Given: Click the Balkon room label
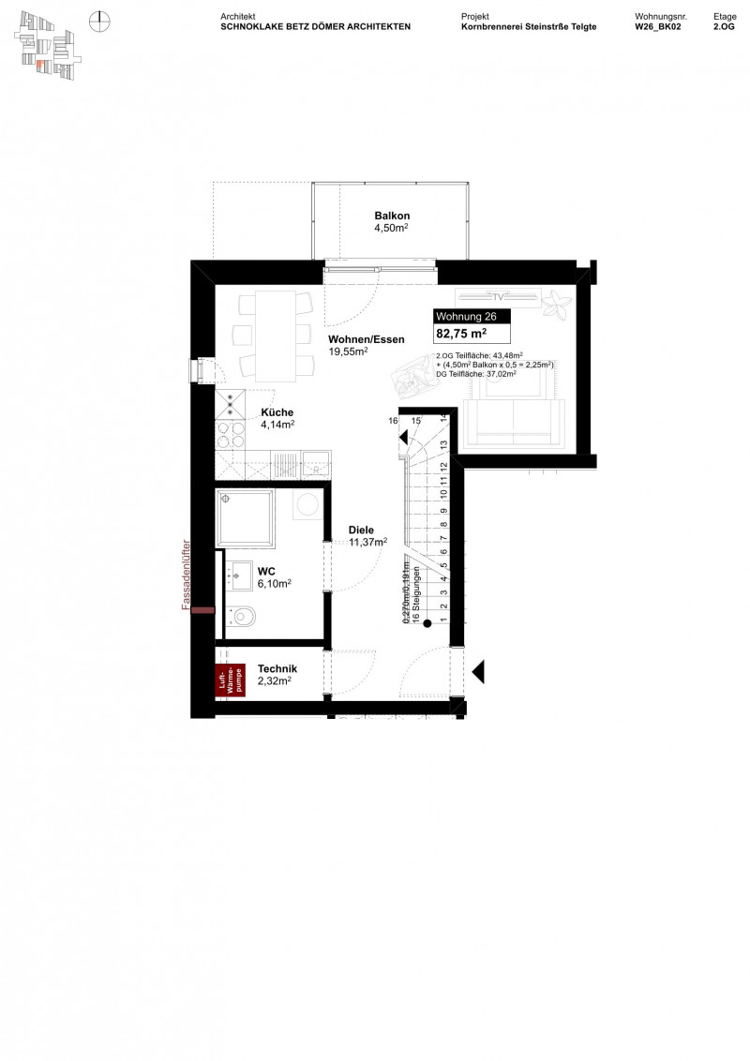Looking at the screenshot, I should pyautogui.click(x=393, y=216).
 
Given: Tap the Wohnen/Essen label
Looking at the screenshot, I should pyautogui.click(x=366, y=339).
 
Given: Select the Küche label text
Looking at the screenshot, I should pyautogui.click(x=277, y=412).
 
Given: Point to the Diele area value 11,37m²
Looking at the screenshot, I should pyautogui.click(x=367, y=542).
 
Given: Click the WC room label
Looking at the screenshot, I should pyautogui.click(x=266, y=570).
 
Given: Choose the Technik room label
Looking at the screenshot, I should pyautogui.click(x=277, y=668).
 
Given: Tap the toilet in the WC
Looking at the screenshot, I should pyautogui.click(x=244, y=616).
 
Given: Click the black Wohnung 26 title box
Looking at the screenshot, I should pyautogui.click(x=472, y=317).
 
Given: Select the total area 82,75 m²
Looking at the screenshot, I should pyautogui.click(x=460, y=334).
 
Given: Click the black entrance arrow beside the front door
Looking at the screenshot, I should pyautogui.click(x=477, y=671).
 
